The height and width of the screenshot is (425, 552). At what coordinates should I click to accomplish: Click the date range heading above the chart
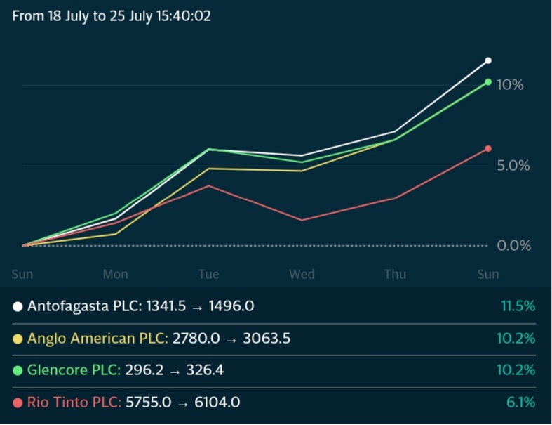pyautogui.click(x=112, y=15)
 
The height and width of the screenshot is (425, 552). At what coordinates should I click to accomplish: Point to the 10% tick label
pyautogui.click(x=510, y=85)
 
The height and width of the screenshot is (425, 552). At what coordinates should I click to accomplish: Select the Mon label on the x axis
pyautogui.click(x=116, y=274)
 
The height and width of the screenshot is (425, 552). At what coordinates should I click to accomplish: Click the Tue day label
pyautogui.click(x=208, y=274)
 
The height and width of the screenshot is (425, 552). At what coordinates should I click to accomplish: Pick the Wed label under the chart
pyautogui.click(x=302, y=274)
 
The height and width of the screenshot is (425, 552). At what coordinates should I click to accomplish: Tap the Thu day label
pyautogui.click(x=395, y=274)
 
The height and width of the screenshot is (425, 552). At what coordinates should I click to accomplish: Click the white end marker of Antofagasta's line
pyautogui.click(x=488, y=61)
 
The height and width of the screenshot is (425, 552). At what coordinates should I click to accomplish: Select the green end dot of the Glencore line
pyautogui.click(x=488, y=82)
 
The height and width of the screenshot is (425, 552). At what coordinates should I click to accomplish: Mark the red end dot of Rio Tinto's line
pyautogui.click(x=488, y=149)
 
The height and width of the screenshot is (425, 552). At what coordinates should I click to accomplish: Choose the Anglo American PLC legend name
pyautogui.click(x=97, y=339)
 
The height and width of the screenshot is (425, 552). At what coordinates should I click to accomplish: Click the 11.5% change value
pyautogui.click(x=517, y=306)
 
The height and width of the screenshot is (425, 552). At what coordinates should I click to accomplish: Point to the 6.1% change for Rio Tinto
pyautogui.click(x=521, y=403)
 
